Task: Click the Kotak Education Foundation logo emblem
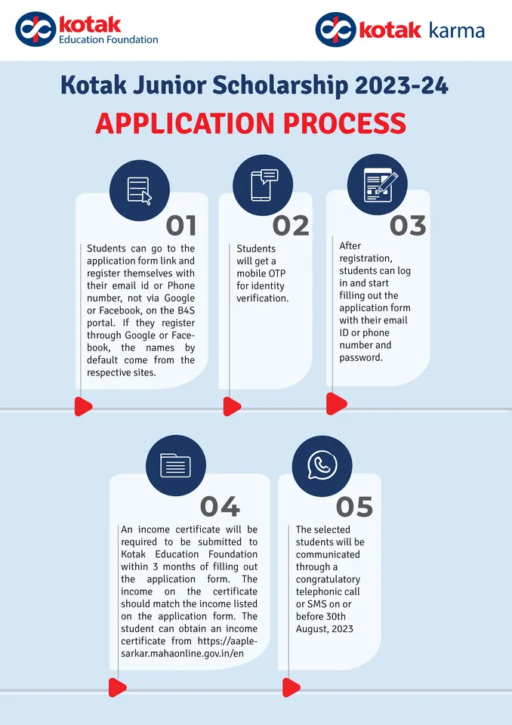tap(35, 29)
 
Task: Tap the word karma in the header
tap(457, 31)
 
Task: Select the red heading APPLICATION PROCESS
tap(251, 123)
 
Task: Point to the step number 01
tap(181, 226)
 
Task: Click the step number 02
tap(291, 226)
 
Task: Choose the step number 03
tap(408, 226)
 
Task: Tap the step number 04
tap(221, 507)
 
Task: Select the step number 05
tap(354, 507)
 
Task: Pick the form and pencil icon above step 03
tap(379, 185)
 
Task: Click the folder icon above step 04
tap(175, 465)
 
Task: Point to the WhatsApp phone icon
tap(322, 465)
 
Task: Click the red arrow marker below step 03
tap(336, 403)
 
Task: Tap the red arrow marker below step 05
tap(291, 687)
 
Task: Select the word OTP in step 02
tap(276, 273)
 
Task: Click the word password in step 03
tap(361, 357)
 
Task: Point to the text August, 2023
tap(325, 629)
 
